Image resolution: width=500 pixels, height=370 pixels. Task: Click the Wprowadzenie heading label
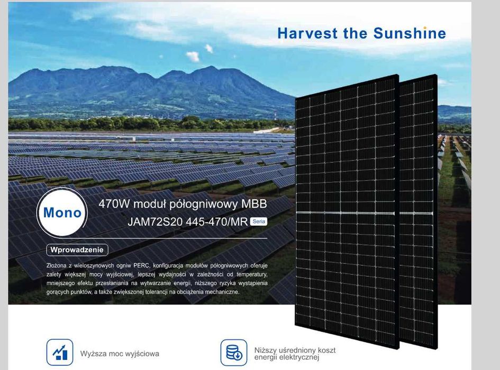click(x=77, y=249)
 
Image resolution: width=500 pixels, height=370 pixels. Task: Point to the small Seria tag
click(x=259, y=221)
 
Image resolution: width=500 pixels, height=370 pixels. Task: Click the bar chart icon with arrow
click(x=60, y=353)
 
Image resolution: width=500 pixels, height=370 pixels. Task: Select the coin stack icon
click(x=233, y=353)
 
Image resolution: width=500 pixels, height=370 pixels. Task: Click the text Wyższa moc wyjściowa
click(x=120, y=354)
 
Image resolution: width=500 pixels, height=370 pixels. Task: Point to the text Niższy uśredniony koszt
click(x=295, y=350)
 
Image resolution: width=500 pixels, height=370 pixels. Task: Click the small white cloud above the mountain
click(x=193, y=56)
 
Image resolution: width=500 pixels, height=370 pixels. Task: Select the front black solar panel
click(x=347, y=206)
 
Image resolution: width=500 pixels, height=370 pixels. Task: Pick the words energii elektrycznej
click(x=286, y=358)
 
